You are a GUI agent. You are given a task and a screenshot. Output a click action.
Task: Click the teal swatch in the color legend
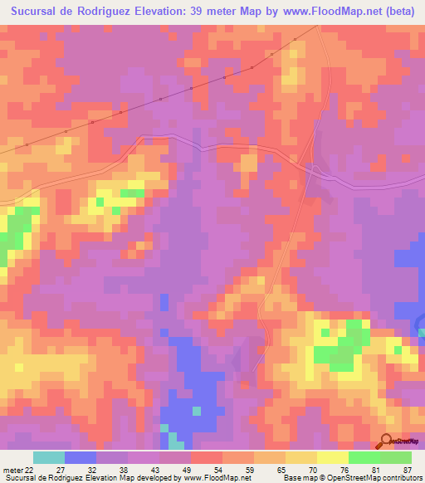tap(49, 457)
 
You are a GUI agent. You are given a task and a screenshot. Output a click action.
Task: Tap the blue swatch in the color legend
tap(81, 457)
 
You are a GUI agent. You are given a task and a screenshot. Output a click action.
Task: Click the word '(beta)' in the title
tap(402, 12)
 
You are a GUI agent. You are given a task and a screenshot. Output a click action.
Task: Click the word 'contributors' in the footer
tap(402, 478)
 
